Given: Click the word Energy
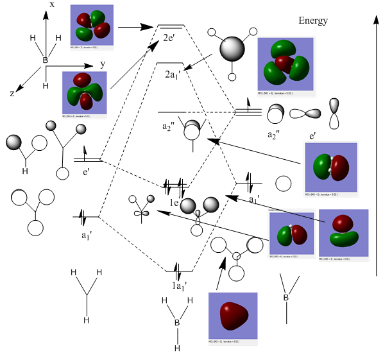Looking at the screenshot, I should (313, 21).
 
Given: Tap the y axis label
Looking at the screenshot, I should (103, 65).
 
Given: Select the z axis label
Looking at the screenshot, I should (12, 93).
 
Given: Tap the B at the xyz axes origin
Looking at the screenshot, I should (45, 60).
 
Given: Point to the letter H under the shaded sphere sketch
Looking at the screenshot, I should (25, 171).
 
